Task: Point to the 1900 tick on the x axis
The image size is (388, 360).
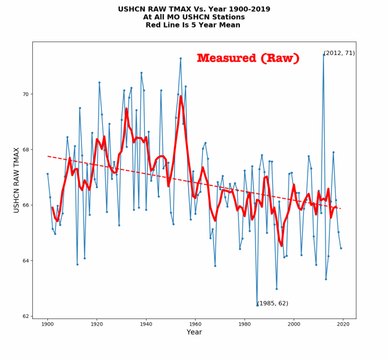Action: (47, 324)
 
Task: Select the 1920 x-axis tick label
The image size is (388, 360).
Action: (97, 324)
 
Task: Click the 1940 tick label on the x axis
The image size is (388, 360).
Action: (146, 324)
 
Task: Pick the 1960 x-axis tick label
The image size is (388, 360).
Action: (195, 324)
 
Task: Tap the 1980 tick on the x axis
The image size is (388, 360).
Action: (245, 324)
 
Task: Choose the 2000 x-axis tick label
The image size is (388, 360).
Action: (294, 324)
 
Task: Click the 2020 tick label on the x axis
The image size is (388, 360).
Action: (343, 324)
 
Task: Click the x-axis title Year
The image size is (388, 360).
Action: (194, 333)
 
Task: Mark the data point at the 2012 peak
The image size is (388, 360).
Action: (323, 55)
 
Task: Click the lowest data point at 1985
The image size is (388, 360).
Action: (257, 305)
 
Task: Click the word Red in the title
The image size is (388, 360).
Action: (154, 25)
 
